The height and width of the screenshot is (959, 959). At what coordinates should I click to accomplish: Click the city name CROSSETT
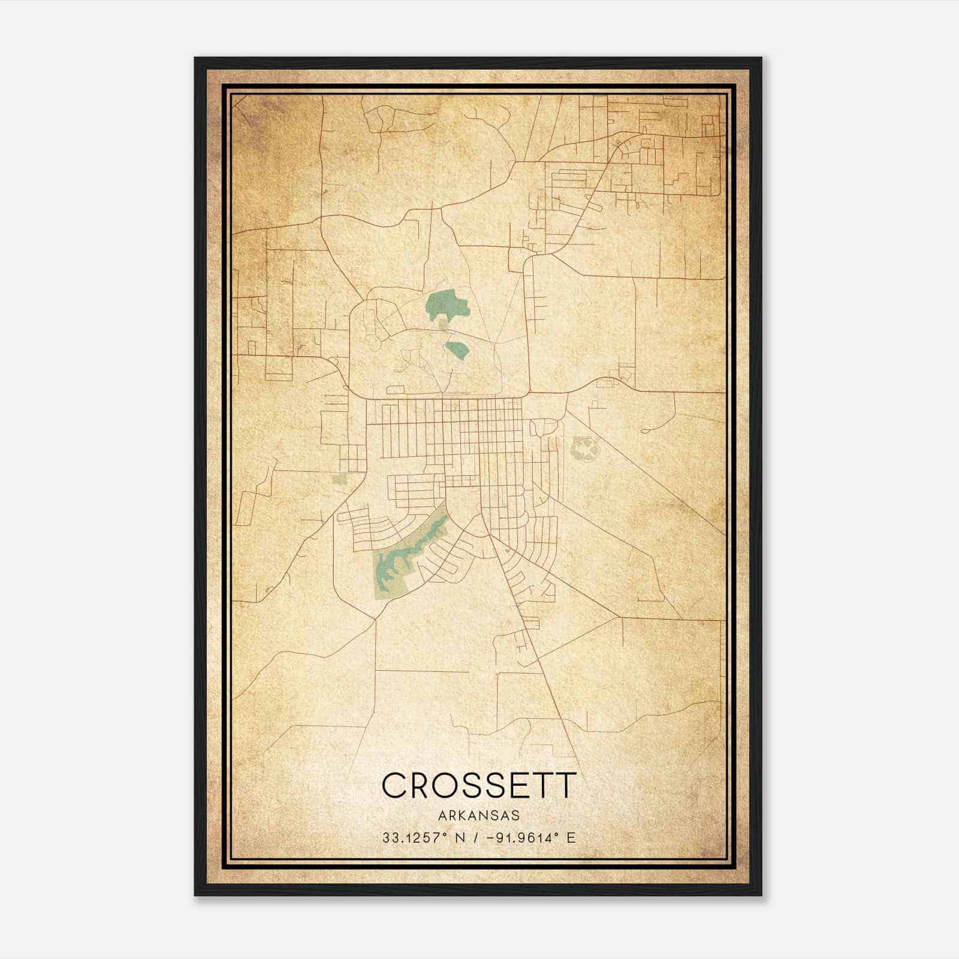(478, 785)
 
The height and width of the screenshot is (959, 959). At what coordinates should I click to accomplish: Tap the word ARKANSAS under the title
(478, 816)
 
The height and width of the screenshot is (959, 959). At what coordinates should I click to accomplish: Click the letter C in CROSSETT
(396, 785)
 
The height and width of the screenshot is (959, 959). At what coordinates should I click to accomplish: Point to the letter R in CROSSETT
(422, 785)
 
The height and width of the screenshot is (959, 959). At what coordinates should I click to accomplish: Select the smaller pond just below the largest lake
(457, 348)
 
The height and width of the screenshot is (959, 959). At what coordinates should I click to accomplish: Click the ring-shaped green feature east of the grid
(584, 448)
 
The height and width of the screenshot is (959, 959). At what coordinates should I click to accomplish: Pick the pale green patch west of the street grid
(340, 479)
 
